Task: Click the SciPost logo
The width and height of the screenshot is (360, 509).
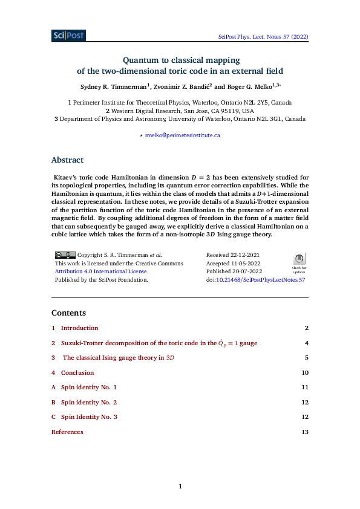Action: pyautogui.click(x=68, y=36)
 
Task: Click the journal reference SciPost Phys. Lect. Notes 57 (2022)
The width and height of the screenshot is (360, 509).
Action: pyautogui.click(x=263, y=37)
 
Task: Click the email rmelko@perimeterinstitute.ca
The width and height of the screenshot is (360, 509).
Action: pyautogui.click(x=182, y=135)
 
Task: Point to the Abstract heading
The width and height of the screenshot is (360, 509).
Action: pyautogui.click(x=67, y=160)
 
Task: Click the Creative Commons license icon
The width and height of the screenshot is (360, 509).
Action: pyautogui.click(x=65, y=255)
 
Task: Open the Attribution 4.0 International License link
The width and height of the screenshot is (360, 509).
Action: pyautogui.click(x=101, y=272)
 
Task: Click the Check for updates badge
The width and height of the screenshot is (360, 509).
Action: pyautogui.click(x=299, y=264)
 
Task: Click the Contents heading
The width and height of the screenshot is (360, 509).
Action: pyautogui.click(x=68, y=313)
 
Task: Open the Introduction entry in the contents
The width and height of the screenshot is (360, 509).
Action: pyautogui.click(x=79, y=328)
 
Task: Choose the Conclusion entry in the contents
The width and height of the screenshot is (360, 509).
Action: pyautogui.click(x=77, y=373)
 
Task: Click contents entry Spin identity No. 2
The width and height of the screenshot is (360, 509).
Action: pyautogui.click(x=88, y=403)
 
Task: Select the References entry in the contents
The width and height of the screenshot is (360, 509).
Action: pyautogui.click(x=67, y=432)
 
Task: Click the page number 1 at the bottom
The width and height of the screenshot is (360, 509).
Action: pyautogui.click(x=180, y=486)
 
